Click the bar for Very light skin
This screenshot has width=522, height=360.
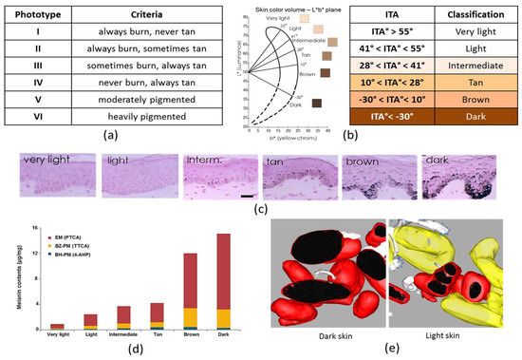57,325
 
